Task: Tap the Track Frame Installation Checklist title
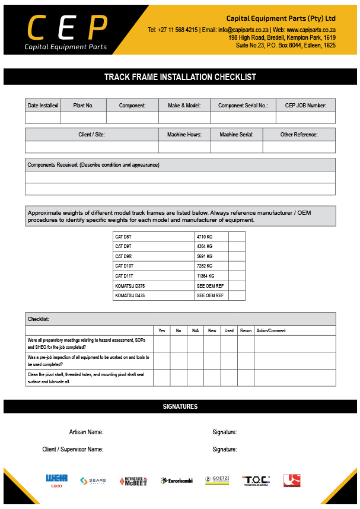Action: point(180,77)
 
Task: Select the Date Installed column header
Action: point(43,106)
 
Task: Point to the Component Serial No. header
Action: point(243,106)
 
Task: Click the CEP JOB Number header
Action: point(305,106)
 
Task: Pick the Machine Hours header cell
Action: point(184,135)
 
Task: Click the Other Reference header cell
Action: point(299,135)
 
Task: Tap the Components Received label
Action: point(93,165)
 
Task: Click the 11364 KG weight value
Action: point(206,276)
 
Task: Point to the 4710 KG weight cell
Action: point(205,237)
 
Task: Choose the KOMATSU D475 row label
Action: point(130,295)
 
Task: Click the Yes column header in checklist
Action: point(161,330)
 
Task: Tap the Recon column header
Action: point(246,330)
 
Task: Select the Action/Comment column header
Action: point(271,330)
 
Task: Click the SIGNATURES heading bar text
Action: point(180,407)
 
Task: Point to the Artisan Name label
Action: point(86,432)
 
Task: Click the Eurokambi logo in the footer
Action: point(176,481)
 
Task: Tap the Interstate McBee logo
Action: point(133,481)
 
